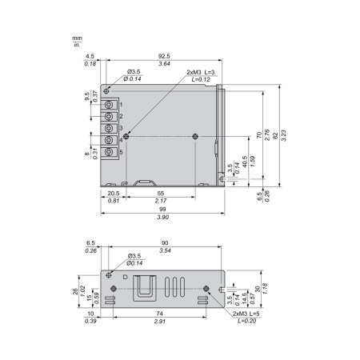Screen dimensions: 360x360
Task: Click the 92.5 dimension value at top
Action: click(164, 56)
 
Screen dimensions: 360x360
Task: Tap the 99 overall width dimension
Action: click(162, 210)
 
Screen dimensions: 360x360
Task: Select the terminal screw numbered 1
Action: click(109, 105)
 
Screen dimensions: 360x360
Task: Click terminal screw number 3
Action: click(109, 128)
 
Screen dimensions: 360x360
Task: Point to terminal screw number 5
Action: click(109, 152)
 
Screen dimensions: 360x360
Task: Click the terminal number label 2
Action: click(121, 116)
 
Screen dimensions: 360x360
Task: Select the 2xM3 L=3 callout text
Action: click(201, 72)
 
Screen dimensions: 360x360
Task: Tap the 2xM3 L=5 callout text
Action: click(246, 314)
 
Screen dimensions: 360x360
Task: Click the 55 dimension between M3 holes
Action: click(161, 194)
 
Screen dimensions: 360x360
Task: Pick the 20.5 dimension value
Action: click(114, 194)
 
